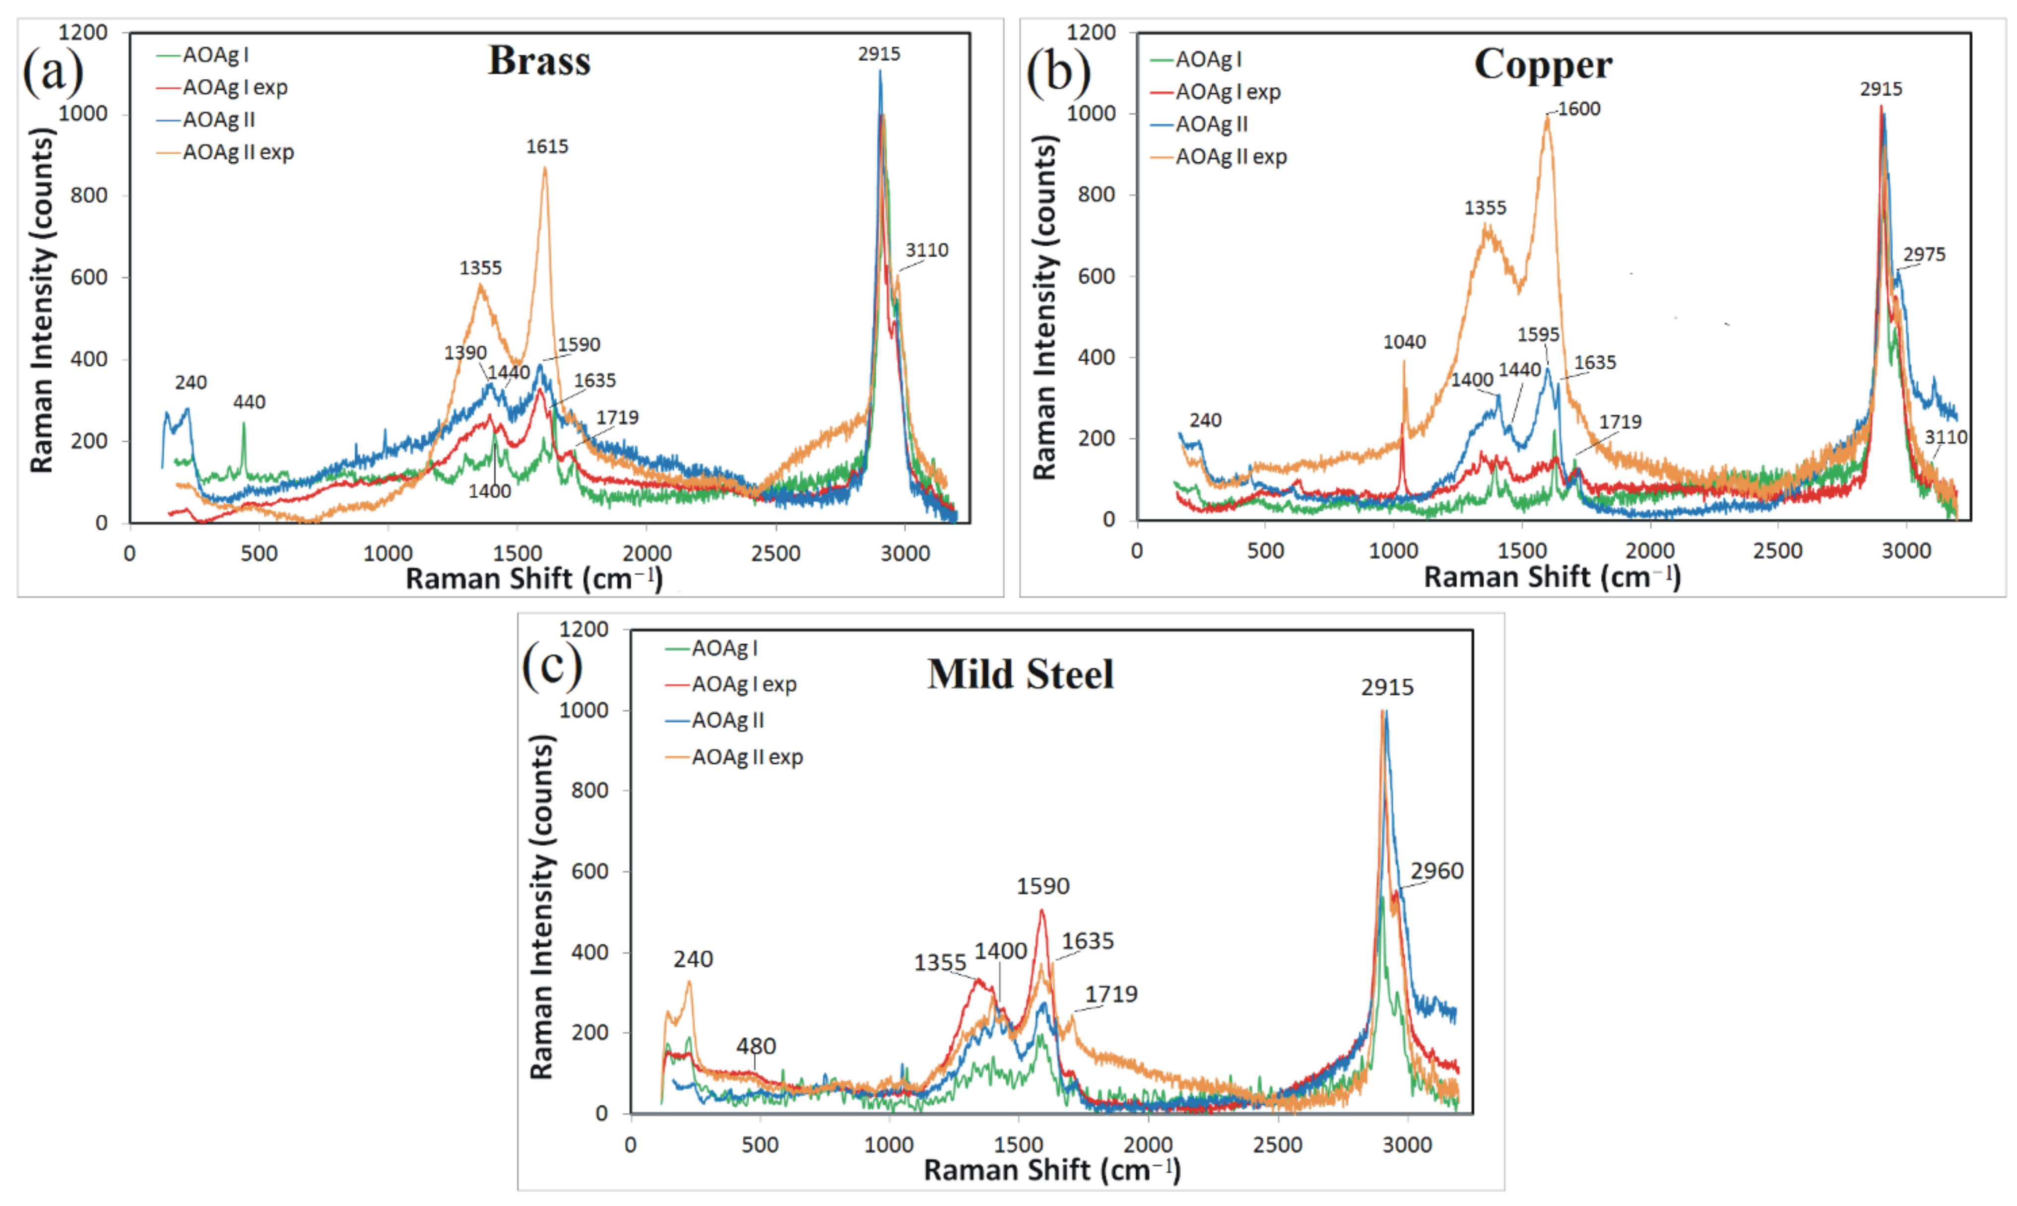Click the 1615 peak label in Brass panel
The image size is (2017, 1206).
[x=547, y=146]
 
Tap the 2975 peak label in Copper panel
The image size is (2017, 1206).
[x=1924, y=255]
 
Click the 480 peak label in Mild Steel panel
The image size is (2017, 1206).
[x=756, y=1045]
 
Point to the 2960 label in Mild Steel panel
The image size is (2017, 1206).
[x=1436, y=871]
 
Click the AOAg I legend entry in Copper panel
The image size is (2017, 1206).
[x=1207, y=60]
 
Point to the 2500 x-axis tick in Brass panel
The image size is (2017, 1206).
[x=775, y=553]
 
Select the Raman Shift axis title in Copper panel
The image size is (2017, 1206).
[x=1552, y=576]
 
